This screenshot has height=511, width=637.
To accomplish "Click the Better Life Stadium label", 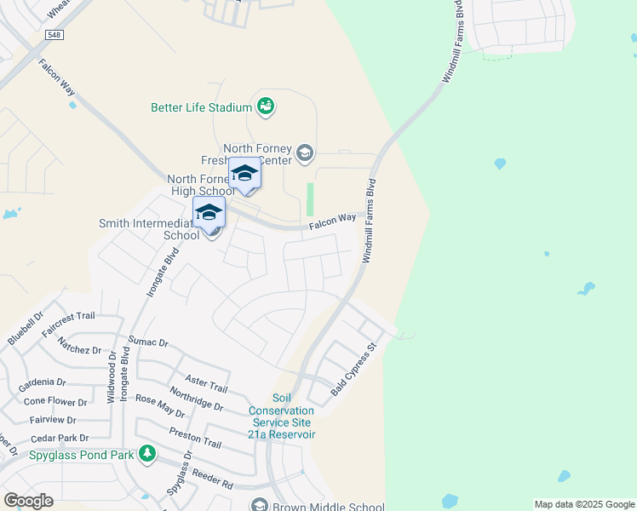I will coord(201,107).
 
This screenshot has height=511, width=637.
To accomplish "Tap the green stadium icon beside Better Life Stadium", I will coord(266,106).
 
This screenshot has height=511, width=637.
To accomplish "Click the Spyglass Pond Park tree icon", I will coord(147,453).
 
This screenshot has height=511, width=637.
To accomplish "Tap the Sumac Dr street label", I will coord(148,342).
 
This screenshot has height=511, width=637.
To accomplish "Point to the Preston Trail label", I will coord(195,438).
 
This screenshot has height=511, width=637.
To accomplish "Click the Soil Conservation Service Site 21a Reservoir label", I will coord(282,416).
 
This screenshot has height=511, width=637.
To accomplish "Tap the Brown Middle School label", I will coord(328,507).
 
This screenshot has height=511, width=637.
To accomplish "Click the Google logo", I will coord(28,500).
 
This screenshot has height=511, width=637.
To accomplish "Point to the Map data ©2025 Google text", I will coord(584,504).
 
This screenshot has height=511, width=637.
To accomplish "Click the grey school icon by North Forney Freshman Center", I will coord(305,153).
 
